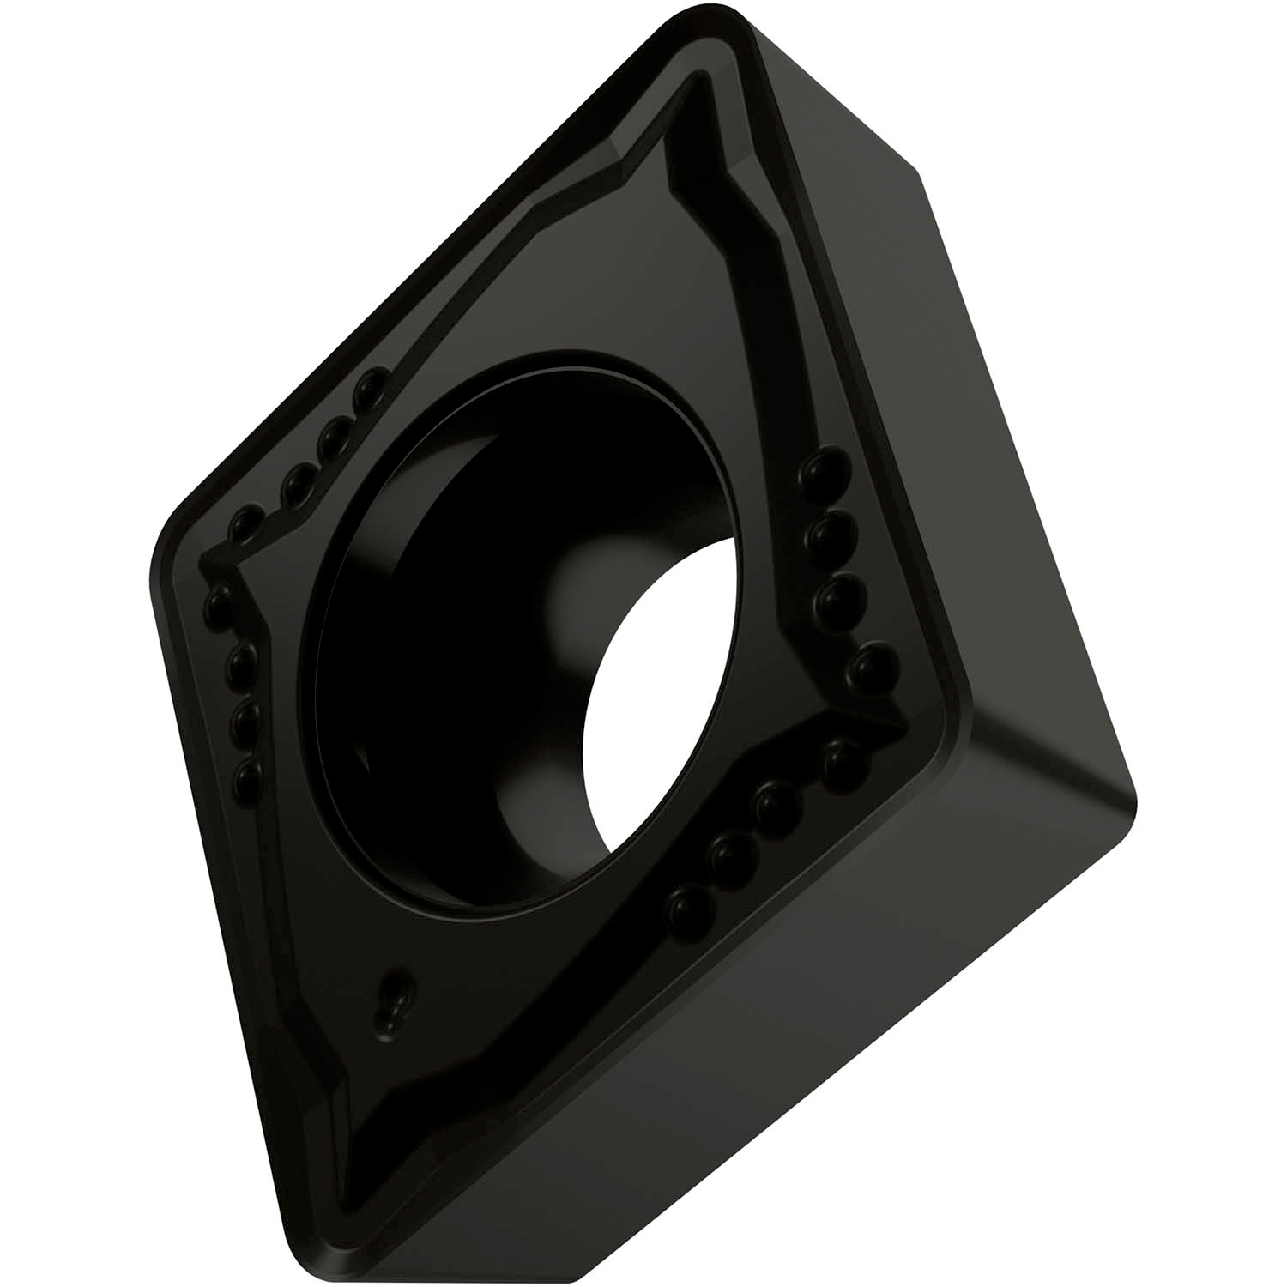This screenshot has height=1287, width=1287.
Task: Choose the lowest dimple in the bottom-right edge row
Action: [686, 903]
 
